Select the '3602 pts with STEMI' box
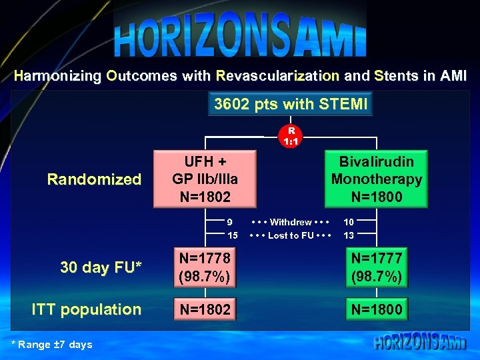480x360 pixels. click(x=290, y=105)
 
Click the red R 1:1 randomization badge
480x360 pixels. click(x=290, y=136)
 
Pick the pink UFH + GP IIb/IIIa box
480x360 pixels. click(x=205, y=179)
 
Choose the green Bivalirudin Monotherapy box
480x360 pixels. click(x=376, y=179)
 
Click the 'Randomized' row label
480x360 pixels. click(x=94, y=179)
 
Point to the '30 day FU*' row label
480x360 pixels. click(x=100, y=267)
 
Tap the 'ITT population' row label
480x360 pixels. click(x=87, y=309)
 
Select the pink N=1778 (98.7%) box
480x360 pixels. click(x=205, y=267)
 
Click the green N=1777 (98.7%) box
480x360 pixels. click(x=377, y=267)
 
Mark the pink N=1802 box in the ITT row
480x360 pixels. click(x=205, y=309)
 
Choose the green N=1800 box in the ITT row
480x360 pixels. click(x=377, y=309)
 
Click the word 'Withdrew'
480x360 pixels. click(x=290, y=222)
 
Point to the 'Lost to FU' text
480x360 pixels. click(x=290, y=235)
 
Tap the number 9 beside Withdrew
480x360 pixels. click(x=230, y=222)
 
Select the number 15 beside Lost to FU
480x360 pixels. click(x=232, y=235)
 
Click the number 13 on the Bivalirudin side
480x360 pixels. click(x=349, y=235)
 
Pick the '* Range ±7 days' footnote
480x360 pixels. click(x=52, y=345)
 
